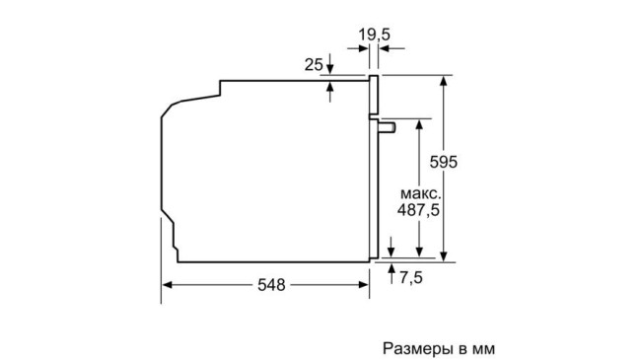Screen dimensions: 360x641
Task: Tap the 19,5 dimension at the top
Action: coord(374,36)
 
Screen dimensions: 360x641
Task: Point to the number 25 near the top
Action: coord(314,65)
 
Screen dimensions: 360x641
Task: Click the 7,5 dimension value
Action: coord(410,278)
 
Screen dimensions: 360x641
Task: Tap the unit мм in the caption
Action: coord(479,348)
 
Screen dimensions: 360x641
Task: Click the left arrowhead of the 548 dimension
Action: coord(167,285)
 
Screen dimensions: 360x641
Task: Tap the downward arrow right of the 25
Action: coord(330,69)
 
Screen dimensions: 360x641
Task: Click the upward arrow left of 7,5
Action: coord(392,269)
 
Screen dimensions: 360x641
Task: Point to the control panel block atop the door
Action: coord(374,93)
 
